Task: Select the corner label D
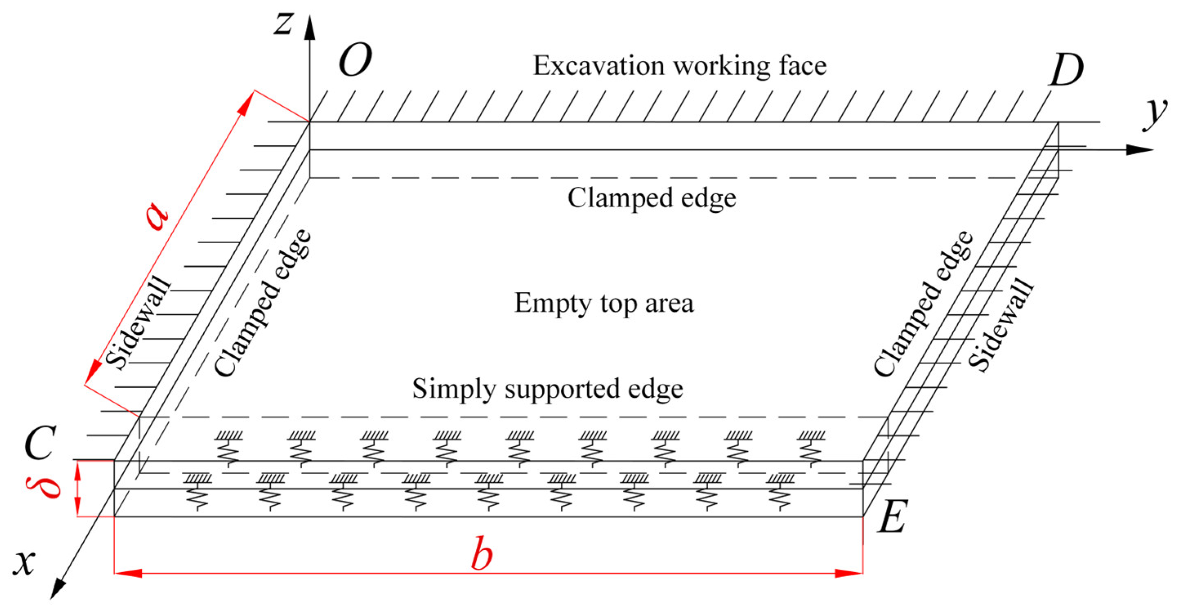pyautogui.click(x=1066, y=70)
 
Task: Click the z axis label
pyautogui.click(x=283, y=24)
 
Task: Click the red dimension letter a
pyautogui.click(x=157, y=217)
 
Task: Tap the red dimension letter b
pyautogui.click(x=482, y=553)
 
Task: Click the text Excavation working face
pyautogui.click(x=679, y=66)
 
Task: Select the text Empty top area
pyautogui.click(x=603, y=303)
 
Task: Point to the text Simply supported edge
pyautogui.click(x=547, y=389)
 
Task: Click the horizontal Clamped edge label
pyautogui.click(x=651, y=198)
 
